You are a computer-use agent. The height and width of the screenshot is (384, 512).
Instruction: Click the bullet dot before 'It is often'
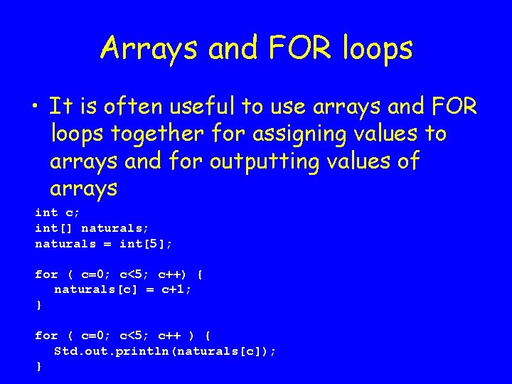click(35, 107)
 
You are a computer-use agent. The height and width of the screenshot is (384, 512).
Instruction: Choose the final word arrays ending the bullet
click(83, 189)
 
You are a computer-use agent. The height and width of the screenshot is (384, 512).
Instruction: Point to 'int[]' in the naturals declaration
click(54, 228)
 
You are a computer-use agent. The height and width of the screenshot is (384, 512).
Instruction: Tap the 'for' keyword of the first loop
click(46, 274)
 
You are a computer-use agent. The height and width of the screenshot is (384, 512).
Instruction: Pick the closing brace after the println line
click(38, 366)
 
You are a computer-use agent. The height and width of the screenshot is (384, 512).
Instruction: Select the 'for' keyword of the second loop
click(46, 335)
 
